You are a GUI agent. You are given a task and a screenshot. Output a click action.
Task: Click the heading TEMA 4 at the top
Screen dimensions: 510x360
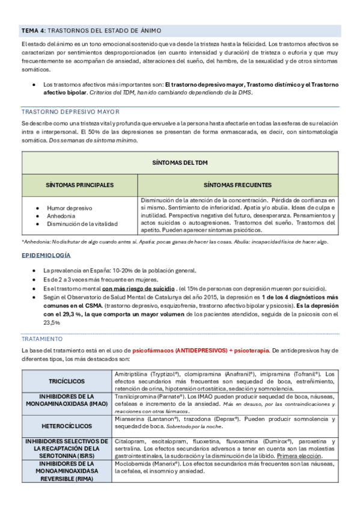coord(33,30)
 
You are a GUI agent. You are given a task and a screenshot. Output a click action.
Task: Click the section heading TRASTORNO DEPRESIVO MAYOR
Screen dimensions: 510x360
coord(70,112)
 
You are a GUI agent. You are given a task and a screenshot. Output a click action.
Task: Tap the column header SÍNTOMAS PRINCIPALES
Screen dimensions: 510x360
coord(80,185)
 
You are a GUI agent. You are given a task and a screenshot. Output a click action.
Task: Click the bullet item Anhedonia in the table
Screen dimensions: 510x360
coord(61,216)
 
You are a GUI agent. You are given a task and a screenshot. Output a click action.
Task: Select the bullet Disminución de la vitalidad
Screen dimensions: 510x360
coord(83,224)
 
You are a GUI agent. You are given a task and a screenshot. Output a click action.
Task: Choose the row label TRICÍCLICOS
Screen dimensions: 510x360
coord(67,382)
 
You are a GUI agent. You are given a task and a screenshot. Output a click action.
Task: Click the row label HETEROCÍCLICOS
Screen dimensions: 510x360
coord(67,425)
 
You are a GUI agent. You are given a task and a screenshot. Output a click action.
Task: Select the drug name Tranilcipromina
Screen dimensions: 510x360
coord(135,397)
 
